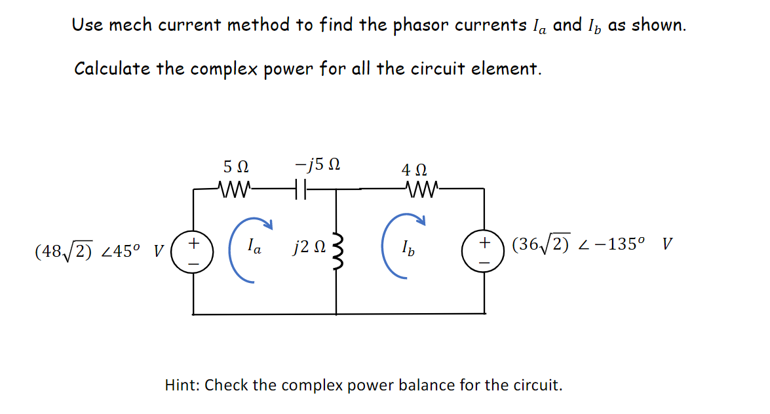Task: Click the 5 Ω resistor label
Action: pyautogui.click(x=236, y=166)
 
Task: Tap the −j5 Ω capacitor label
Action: pyautogui.click(x=317, y=164)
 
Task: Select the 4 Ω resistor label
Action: pyautogui.click(x=416, y=170)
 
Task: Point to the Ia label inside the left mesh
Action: pyautogui.click(x=256, y=248)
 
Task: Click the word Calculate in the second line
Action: pyautogui.click(x=113, y=69)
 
